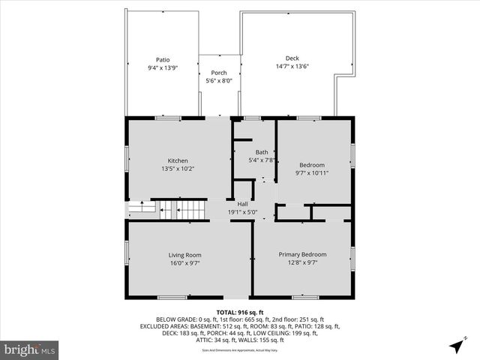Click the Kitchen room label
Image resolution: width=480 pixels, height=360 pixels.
click(178, 160)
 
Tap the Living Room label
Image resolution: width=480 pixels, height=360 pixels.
click(184, 255)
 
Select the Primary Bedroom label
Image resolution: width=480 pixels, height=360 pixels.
click(302, 254)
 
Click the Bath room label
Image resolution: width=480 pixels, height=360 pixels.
click(261, 152)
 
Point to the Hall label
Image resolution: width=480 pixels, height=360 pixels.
click(242, 204)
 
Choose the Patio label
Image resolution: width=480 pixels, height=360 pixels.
click(163, 59)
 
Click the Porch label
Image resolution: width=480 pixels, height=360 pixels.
click(218, 73)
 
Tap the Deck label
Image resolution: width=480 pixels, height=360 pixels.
click(292, 58)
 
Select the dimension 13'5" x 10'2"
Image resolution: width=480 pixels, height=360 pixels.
click(178, 169)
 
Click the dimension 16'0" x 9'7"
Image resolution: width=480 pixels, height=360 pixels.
click(184, 263)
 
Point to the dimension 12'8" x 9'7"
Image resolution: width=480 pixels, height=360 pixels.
click(302, 262)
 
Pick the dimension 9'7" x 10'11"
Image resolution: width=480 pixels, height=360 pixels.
click(312, 173)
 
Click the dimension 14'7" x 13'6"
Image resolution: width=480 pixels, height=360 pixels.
click(292, 66)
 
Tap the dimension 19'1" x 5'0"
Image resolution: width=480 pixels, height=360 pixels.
click(242, 212)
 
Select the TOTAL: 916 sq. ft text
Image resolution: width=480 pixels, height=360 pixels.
click(240, 311)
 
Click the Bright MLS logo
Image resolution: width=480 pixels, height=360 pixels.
click(30, 349)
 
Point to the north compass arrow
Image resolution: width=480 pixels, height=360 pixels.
click(457, 346)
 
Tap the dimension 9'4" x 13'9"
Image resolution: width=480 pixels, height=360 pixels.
click(163, 67)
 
